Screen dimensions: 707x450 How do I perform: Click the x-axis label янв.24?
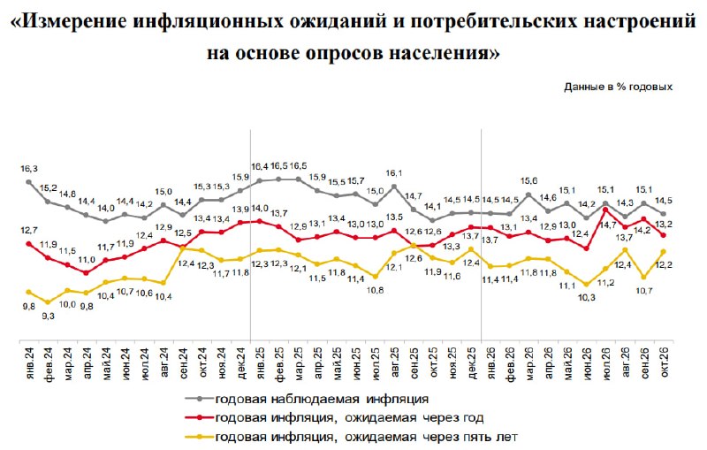[x=30, y=357]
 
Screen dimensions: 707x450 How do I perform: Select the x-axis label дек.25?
[x=472, y=359]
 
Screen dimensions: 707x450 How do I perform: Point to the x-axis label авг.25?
[x=395, y=359]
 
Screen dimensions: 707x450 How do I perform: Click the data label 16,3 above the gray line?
[x=29, y=169]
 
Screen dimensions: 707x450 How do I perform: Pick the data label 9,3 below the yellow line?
[x=49, y=317]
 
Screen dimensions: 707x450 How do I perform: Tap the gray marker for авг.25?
[x=394, y=187]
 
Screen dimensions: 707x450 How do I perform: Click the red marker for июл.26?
[x=605, y=210]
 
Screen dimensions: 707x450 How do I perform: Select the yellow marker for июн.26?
[x=586, y=285]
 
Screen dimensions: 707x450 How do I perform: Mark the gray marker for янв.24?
[x=29, y=182]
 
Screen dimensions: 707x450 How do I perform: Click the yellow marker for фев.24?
[x=49, y=302]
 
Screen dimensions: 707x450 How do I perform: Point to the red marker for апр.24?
[x=87, y=273]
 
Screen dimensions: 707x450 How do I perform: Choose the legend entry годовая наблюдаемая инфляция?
[x=307, y=399]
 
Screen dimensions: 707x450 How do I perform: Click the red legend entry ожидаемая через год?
[x=334, y=418]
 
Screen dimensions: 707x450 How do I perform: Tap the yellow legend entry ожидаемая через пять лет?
[x=351, y=437]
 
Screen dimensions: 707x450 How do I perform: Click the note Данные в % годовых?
[x=618, y=87]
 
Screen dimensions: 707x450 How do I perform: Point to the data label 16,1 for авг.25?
[x=394, y=173]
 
